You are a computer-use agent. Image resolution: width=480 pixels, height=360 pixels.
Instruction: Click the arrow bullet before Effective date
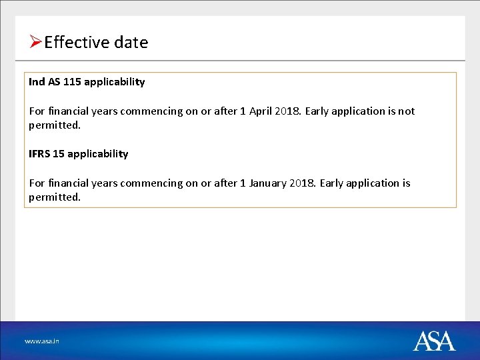click(36, 43)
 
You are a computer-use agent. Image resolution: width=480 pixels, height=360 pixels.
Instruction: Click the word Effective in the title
click(76, 43)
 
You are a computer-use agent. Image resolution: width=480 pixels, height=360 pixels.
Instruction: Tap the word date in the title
click(131, 43)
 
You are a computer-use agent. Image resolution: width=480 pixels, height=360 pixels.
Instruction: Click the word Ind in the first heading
click(37, 82)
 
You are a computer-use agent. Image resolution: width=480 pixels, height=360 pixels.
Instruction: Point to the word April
click(262, 111)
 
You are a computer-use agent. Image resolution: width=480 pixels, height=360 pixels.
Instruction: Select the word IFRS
click(39, 154)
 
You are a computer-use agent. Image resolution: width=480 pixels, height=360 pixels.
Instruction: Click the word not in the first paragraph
click(407, 111)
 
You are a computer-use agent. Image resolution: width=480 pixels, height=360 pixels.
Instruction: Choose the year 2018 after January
click(303, 183)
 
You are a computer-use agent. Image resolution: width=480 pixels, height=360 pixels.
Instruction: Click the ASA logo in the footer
click(434, 341)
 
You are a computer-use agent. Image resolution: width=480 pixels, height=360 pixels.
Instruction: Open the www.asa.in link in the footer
click(42, 341)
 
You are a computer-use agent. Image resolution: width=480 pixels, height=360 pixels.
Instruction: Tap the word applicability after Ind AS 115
click(115, 82)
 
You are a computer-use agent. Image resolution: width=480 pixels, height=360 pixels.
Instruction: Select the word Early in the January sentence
click(332, 183)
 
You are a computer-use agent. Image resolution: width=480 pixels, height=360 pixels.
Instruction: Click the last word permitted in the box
click(54, 197)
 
